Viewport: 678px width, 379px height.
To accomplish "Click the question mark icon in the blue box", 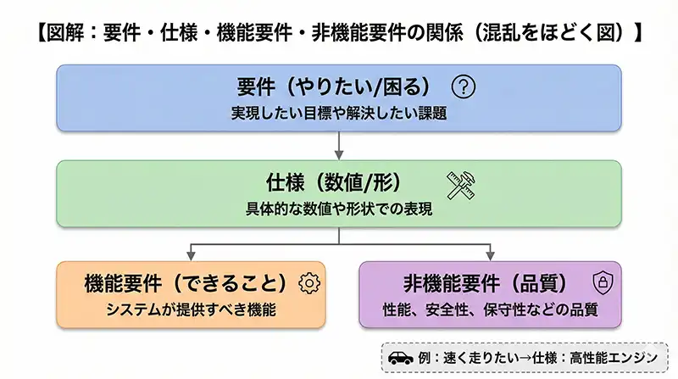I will click(x=465, y=86).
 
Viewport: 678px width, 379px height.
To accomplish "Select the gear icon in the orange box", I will click(x=309, y=282).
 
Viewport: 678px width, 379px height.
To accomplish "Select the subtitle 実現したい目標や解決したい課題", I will click(x=338, y=113).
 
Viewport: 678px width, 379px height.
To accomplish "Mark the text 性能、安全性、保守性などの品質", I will click(x=491, y=309).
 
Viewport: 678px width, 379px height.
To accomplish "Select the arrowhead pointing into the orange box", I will click(x=191, y=257).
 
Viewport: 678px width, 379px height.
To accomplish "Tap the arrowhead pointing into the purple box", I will click(x=491, y=257).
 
